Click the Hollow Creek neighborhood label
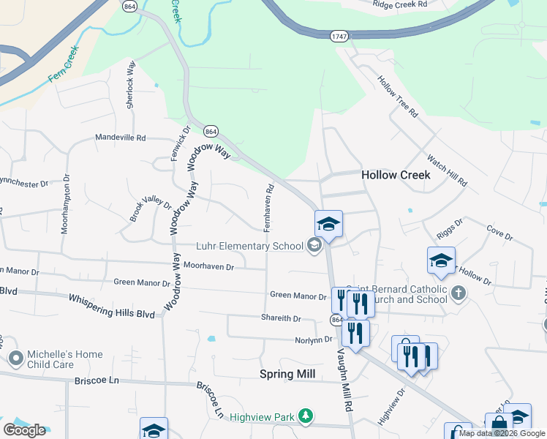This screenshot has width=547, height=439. pyautogui.click(x=396, y=175)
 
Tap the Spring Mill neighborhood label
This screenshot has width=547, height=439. pyautogui.click(x=287, y=374)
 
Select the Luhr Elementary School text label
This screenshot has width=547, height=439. pyautogui.click(x=249, y=246)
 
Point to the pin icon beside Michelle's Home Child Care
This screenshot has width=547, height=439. pyautogui.click(x=16, y=359)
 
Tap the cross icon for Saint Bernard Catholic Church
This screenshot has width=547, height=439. pyautogui.click(x=458, y=293)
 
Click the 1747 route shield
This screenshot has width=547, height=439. pyautogui.click(x=339, y=36)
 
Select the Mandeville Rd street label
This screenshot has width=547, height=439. pyautogui.click(x=121, y=137)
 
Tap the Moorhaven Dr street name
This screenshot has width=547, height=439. pyautogui.click(x=208, y=267)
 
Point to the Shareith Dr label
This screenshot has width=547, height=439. pyautogui.click(x=282, y=318)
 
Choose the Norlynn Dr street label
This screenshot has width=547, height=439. pyautogui.click(x=314, y=339)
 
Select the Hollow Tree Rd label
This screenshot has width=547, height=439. pyautogui.click(x=399, y=97)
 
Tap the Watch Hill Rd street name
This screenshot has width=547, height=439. pyautogui.click(x=447, y=170)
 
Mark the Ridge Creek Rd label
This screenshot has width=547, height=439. pyautogui.click(x=399, y=4)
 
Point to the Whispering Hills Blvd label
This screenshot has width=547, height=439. pyautogui.click(x=112, y=306)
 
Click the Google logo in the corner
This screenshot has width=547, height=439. pyautogui.click(x=24, y=430)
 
